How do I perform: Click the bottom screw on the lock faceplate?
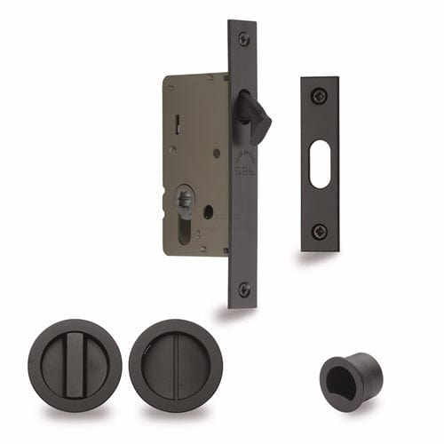[x=244, y=289]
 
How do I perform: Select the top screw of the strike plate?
[x=320, y=95]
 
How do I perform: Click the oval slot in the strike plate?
[x=320, y=163]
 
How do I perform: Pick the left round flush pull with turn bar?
[x=87, y=365]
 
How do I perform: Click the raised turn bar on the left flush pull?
[x=87, y=365]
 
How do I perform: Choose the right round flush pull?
[x=174, y=365]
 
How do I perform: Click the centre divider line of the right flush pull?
[x=174, y=365]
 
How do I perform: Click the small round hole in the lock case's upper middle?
[x=216, y=152]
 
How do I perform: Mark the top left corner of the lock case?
[x=166, y=76]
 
